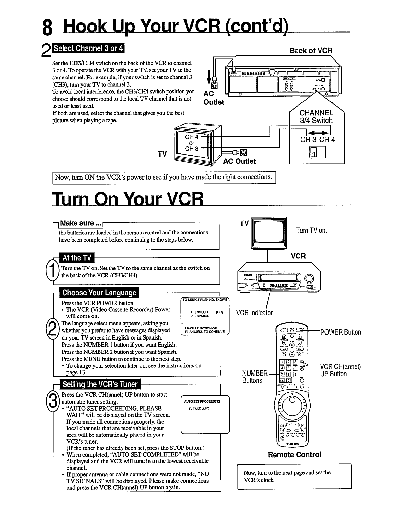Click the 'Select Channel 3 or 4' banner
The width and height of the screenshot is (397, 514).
[88, 48]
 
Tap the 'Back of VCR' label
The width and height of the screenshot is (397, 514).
[311, 51]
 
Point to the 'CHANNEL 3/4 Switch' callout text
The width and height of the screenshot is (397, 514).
[316, 117]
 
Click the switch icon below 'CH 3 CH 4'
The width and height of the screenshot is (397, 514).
[317, 152]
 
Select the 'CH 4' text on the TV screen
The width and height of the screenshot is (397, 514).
[192, 137]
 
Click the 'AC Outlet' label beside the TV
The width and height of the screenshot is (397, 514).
[239, 161]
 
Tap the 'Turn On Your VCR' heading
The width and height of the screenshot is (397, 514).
[128, 198]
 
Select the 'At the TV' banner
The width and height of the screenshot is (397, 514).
[77, 258]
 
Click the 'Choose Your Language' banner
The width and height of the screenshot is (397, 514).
[99, 293]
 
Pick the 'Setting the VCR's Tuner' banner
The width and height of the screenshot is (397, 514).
[100, 384]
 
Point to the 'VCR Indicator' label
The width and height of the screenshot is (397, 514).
[254, 313]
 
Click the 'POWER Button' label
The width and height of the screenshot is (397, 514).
[341, 332]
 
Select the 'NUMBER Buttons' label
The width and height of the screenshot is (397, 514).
[255, 377]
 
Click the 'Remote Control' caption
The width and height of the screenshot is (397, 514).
[295, 455]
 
